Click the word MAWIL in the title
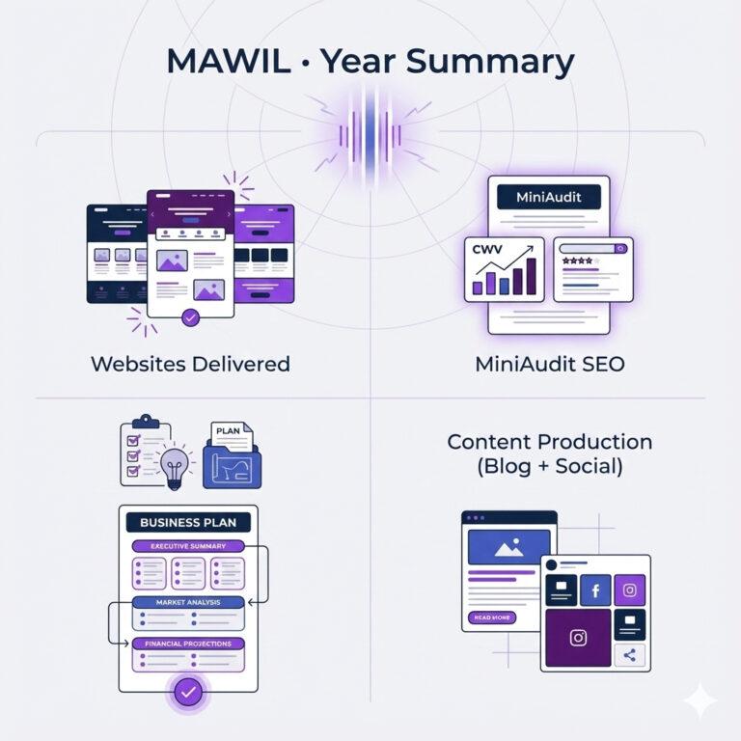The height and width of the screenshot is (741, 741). coord(229,61)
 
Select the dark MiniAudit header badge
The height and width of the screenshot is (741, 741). coord(549,197)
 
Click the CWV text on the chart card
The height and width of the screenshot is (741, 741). coord(487,249)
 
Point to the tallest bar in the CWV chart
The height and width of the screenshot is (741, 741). coord(532,277)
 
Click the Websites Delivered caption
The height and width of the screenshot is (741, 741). coord(190,364)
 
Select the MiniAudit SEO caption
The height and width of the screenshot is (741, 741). coord(550,364)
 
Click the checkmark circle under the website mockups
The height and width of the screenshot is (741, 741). coord(190,318)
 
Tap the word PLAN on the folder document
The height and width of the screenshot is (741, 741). coord(228,431)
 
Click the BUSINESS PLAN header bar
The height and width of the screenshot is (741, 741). coord(188,522)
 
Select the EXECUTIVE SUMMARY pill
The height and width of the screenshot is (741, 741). coord(188,546)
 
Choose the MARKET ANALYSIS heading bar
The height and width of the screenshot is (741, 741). coord(188,602)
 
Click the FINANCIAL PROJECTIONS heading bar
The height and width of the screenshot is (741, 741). coord(188,644)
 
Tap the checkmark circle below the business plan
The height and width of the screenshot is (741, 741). coord(188,693)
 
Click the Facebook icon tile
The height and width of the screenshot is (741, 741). coord(595,590)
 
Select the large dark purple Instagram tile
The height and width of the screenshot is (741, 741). coord(578,638)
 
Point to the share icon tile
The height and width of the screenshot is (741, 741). coord(629,655)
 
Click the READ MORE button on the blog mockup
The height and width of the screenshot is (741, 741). coord(492,617)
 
